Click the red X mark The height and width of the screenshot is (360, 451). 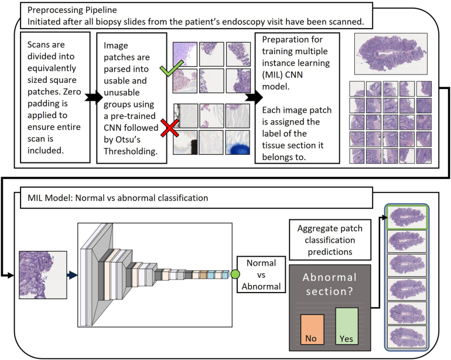coord(170,128)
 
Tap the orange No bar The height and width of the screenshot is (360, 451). coord(312,329)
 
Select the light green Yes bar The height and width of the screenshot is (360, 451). coord(347,326)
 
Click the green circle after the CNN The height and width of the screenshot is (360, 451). coord(235,274)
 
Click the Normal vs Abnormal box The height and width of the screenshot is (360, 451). coord(261,274)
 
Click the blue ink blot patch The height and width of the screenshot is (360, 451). coord(238,142)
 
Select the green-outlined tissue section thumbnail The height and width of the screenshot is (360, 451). coord(406,217)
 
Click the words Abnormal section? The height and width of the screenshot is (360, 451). coord(330,284)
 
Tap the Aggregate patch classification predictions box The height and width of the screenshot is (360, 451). coord(330,240)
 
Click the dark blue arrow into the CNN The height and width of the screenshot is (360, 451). coord(73,275)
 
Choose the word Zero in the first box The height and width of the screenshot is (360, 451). coord(72,91)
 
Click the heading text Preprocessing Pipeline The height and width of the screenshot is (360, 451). coord(72,10)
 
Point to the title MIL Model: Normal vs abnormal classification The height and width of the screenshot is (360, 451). coord(118,198)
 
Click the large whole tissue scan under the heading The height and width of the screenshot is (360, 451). coord(391,53)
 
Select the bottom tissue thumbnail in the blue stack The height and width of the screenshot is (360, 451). coord(406,337)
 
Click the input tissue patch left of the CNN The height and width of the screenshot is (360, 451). coord(43,275)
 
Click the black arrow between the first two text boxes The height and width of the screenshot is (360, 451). coord(93,98)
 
